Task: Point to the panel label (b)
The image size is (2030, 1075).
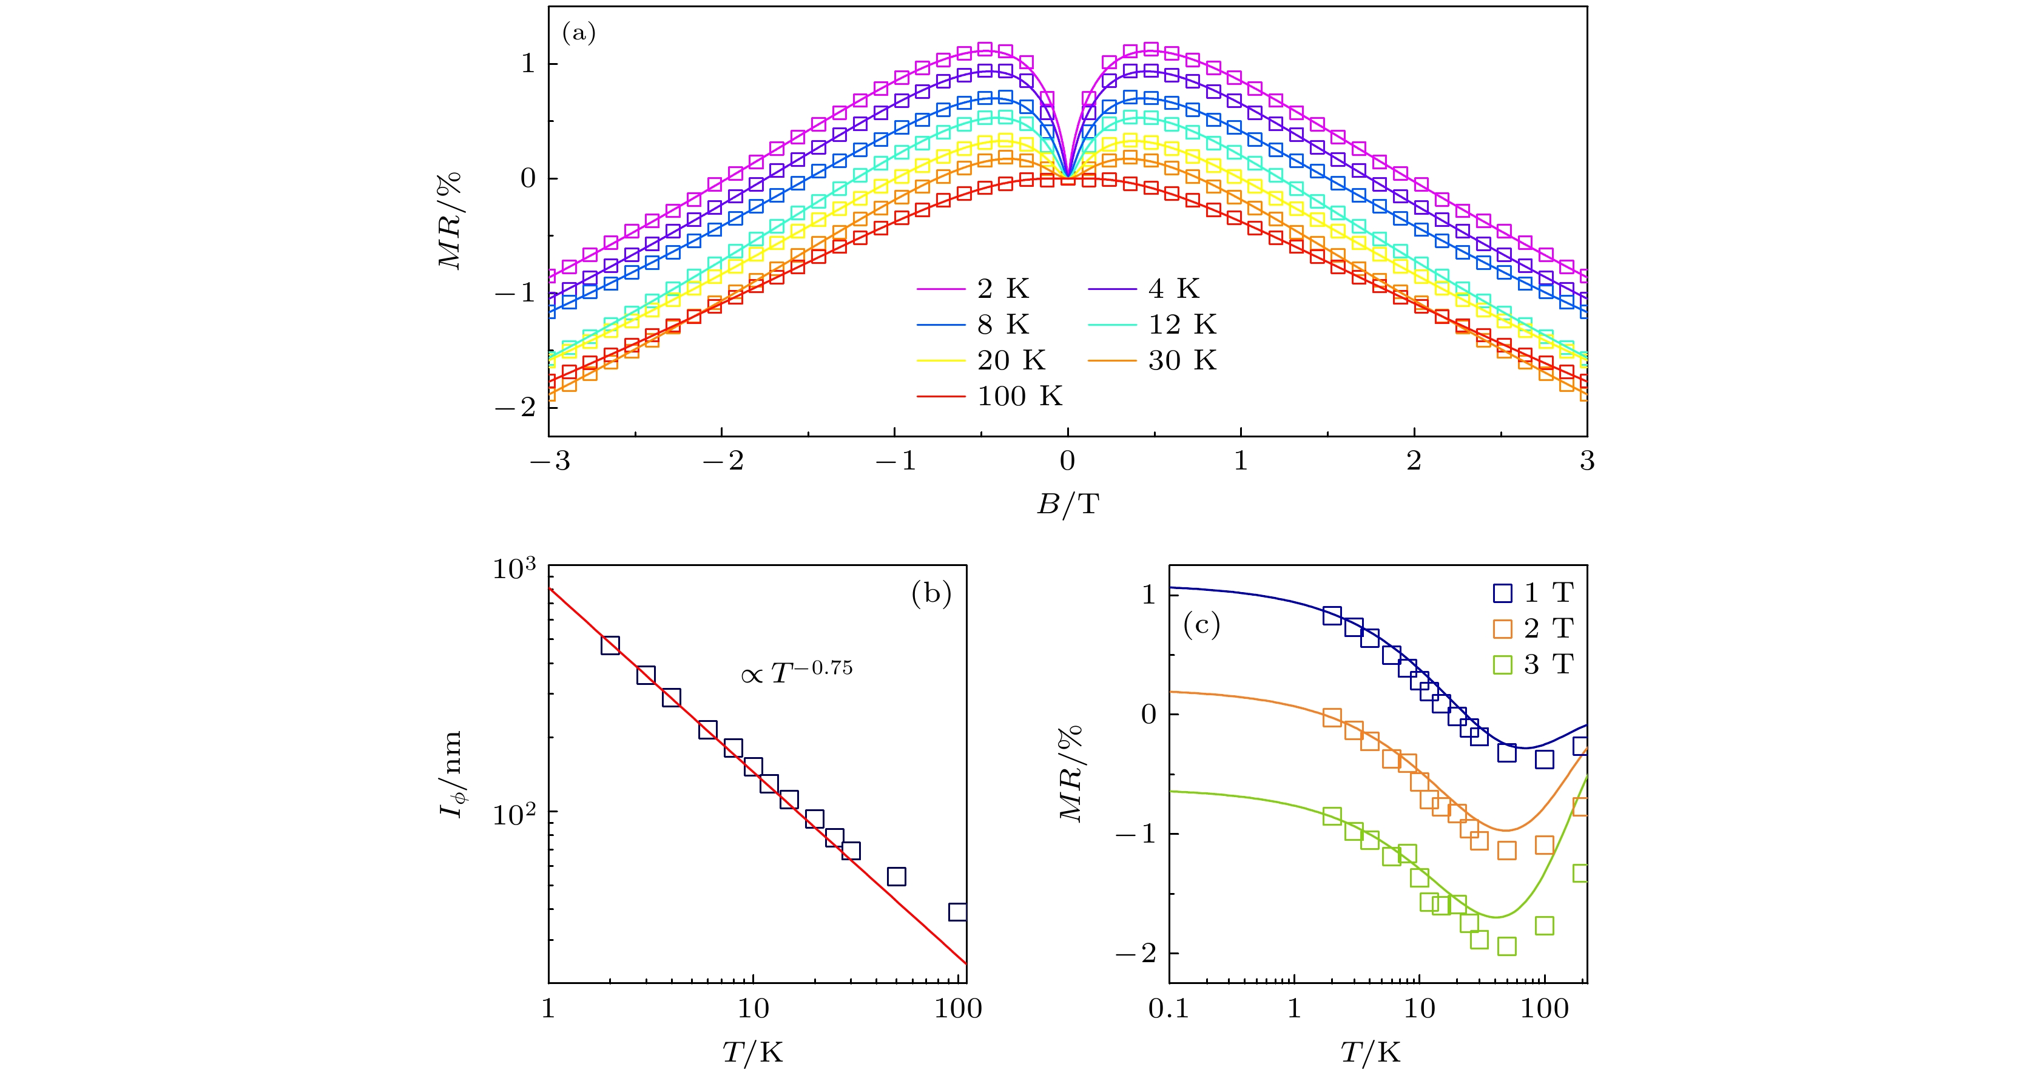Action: click(931, 593)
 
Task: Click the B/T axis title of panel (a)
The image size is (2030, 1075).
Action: click(1067, 504)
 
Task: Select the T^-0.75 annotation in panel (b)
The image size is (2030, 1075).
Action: click(797, 672)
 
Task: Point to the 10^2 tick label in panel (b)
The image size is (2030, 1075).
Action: click(514, 814)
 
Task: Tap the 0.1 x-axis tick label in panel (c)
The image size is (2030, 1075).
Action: click(1168, 1008)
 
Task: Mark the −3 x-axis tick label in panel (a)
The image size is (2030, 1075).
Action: click(550, 461)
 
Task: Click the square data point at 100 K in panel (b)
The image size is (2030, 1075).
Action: click(957, 912)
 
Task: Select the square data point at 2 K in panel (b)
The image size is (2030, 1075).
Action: click(610, 645)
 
